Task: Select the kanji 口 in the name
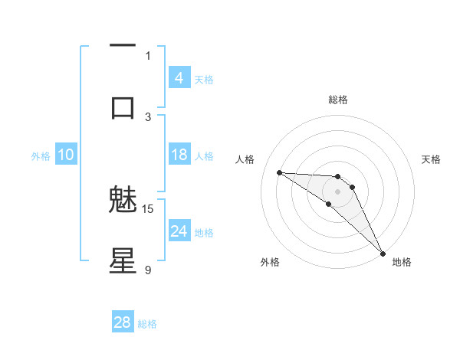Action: (x=123, y=107)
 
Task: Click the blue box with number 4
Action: (x=179, y=78)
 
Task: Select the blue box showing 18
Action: (x=179, y=155)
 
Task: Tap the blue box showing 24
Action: (x=179, y=231)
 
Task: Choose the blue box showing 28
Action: (x=123, y=322)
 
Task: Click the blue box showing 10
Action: (x=65, y=155)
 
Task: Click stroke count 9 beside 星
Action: (x=148, y=270)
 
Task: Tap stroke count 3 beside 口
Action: (x=148, y=116)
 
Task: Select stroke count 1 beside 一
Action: (x=148, y=55)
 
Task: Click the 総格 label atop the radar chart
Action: (x=338, y=100)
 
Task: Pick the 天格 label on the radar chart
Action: (x=431, y=159)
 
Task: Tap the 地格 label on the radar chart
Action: (x=402, y=262)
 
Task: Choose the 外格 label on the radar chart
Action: (x=270, y=262)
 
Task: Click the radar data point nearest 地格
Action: (x=383, y=253)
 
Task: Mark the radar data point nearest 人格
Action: (x=279, y=172)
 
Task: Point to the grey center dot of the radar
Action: (x=338, y=191)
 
